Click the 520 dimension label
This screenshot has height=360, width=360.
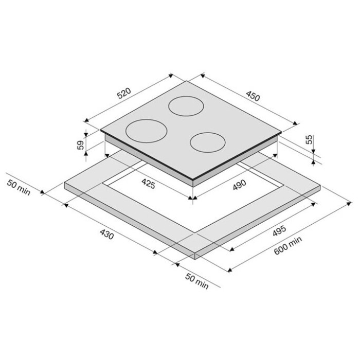124,93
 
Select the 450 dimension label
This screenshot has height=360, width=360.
253,96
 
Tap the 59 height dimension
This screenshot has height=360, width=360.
80,145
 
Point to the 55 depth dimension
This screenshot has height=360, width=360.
310,139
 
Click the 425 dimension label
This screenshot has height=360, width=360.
148,184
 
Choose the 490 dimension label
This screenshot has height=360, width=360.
239,185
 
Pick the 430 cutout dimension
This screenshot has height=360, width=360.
107,235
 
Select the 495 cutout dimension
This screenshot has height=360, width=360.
279,231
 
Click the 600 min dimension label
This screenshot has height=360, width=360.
288,246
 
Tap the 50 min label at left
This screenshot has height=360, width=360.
19,188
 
